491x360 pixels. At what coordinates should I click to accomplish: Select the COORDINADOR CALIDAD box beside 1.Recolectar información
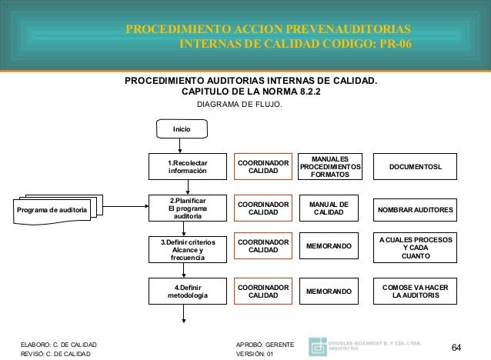tap(263, 167)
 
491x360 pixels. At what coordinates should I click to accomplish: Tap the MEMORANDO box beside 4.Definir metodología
tap(329, 292)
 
